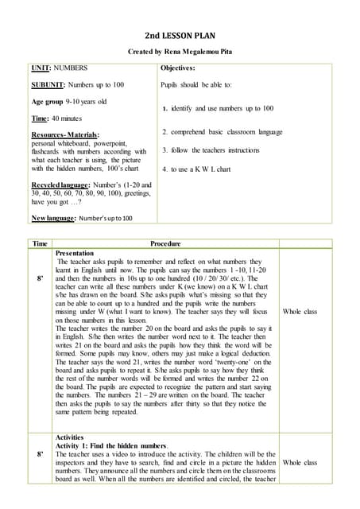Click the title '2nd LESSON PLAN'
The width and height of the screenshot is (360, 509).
pos(180,36)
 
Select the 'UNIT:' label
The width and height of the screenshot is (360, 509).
pos(41,69)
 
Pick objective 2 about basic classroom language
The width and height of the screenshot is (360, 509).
pos(222,131)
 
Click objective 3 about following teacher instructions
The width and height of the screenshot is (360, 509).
pos(211,150)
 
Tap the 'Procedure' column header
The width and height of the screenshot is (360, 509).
pos(165,244)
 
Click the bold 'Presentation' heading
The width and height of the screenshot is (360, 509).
pos(75,253)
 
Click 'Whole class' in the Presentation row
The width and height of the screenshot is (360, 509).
pos(300,311)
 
